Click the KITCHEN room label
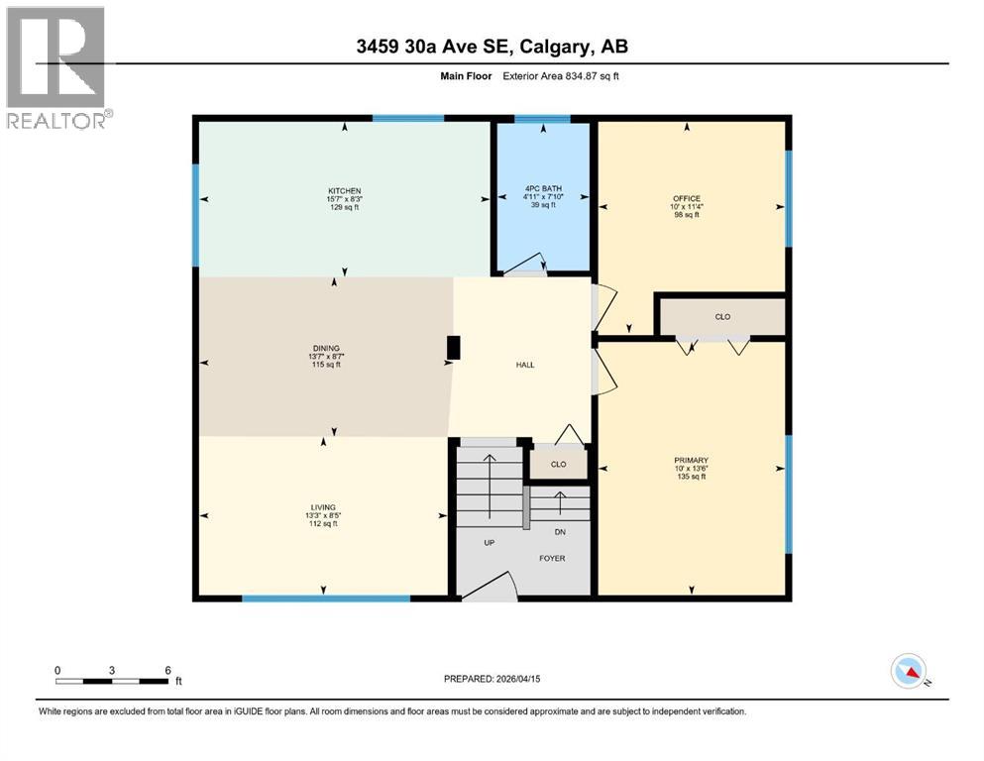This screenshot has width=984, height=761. point(345,190)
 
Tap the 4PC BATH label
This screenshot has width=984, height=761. point(543,188)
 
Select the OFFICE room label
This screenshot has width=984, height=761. point(687,198)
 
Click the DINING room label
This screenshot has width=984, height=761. point(327,349)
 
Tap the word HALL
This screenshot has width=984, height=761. point(525,365)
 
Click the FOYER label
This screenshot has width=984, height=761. point(552,559)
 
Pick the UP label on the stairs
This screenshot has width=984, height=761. point(489,543)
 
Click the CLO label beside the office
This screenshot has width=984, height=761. point(722,317)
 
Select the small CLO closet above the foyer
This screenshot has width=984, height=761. point(558,464)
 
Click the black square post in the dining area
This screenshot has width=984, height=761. point(454,348)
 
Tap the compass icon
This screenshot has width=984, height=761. point(909,671)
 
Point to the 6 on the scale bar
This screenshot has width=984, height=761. point(167,670)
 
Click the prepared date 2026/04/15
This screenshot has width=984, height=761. point(516,679)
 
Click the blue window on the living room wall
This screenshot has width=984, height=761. point(326,598)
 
